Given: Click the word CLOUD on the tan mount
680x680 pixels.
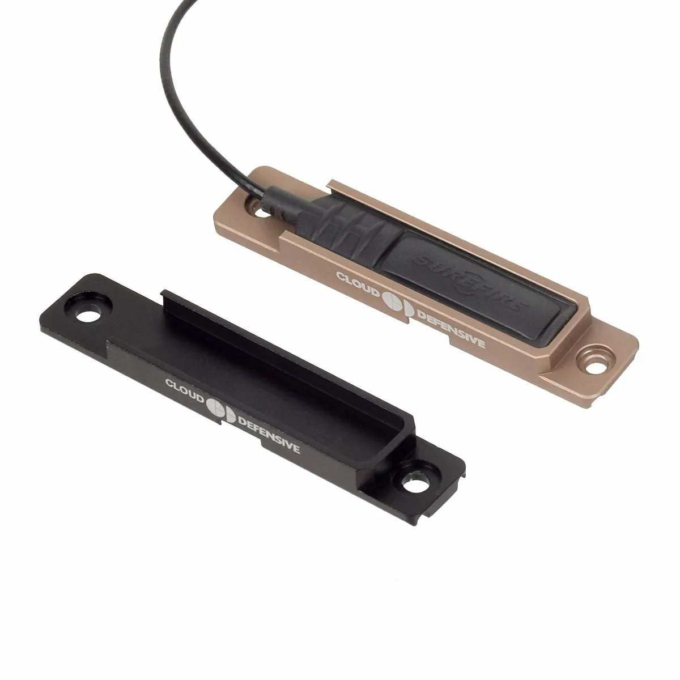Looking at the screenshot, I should pos(355,282).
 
